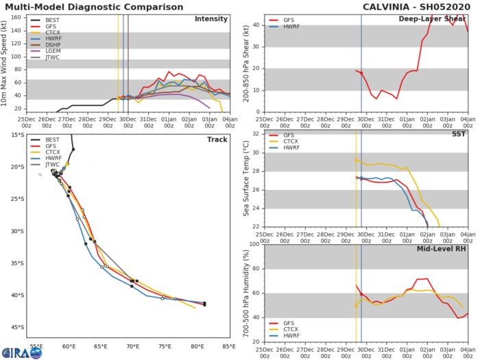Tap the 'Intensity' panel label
[211, 19]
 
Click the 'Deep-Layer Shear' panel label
[440, 19]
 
